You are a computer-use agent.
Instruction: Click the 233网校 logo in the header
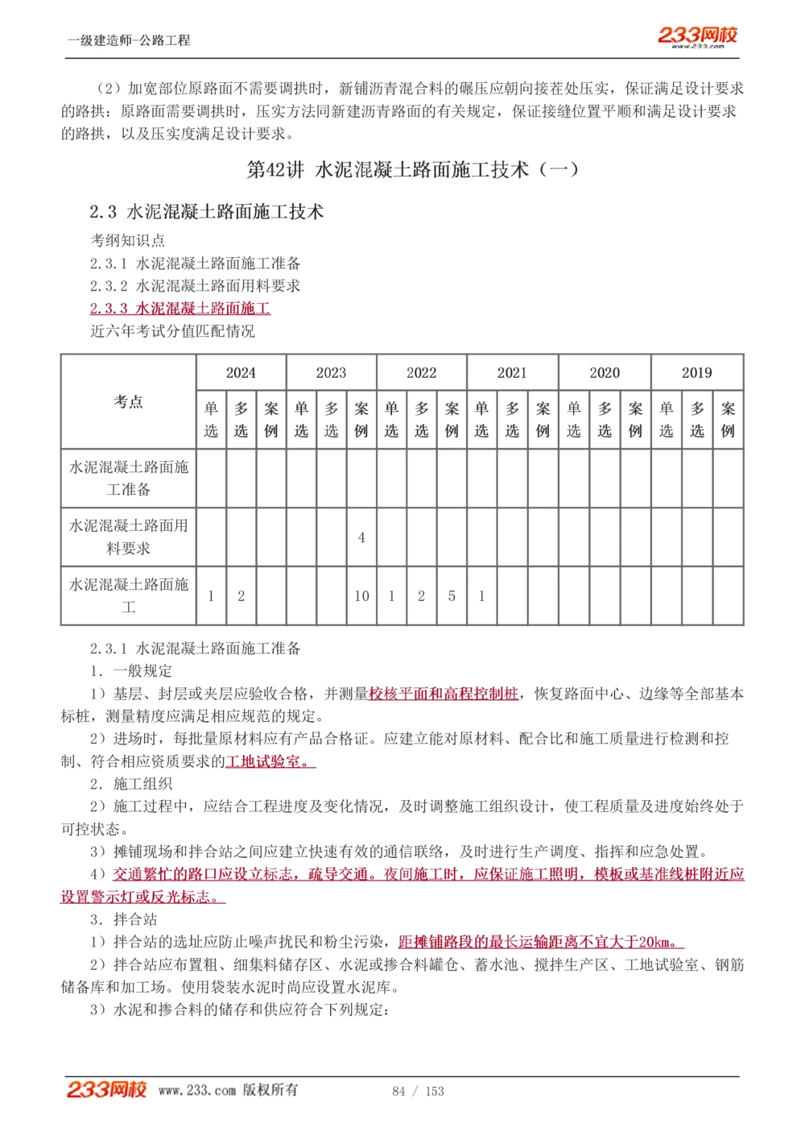tap(697, 36)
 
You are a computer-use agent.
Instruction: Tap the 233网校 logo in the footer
tap(106, 1089)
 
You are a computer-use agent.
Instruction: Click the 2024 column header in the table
tap(241, 372)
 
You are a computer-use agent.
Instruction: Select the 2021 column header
tap(512, 372)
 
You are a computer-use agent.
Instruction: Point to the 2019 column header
tap(697, 372)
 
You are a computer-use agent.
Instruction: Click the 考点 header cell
tap(129, 401)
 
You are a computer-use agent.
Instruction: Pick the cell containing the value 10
tap(361, 596)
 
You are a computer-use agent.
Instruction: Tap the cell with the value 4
tap(361, 537)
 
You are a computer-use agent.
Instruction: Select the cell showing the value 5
tap(452, 596)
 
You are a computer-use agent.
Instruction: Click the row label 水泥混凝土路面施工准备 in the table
tap(129, 478)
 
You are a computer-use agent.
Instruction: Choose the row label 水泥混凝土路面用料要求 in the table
tap(129, 537)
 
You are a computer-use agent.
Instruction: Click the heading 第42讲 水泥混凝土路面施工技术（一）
tap(412, 169)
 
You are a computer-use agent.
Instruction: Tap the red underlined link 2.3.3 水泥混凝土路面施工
tap(180, 309)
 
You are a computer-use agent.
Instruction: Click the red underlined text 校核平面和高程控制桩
tap(444, 694)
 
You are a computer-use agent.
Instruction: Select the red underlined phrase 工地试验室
tap(267, 761)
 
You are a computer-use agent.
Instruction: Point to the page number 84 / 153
tap(418, 1091)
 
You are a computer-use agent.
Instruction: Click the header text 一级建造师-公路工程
tap(129, 40)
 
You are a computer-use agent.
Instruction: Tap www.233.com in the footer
tap(197, 1090)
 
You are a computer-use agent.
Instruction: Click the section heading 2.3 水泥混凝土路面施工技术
tap(206, 212)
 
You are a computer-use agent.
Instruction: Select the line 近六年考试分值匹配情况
tap(172, 331)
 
